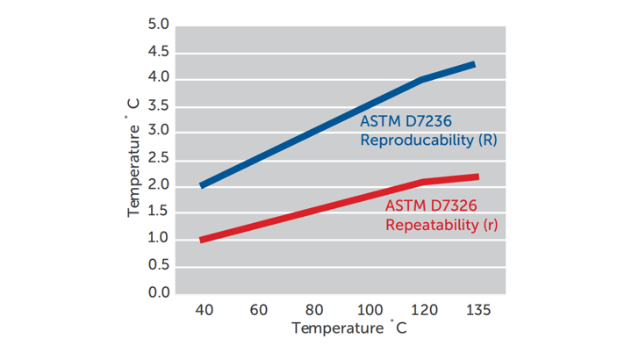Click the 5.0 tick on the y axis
158,25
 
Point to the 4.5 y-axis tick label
158,52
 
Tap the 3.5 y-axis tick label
158,105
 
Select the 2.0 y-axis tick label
158,185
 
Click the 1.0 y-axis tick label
158,239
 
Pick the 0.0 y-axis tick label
158,292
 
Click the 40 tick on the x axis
202,310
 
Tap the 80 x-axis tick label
314,310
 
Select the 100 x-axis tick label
370,310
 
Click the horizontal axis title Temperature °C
349,329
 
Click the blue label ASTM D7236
406,122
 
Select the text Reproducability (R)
429,140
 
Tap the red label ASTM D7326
432,206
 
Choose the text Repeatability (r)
442,225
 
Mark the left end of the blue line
202,185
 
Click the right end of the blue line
474,64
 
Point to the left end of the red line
202,239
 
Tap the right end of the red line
477,176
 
